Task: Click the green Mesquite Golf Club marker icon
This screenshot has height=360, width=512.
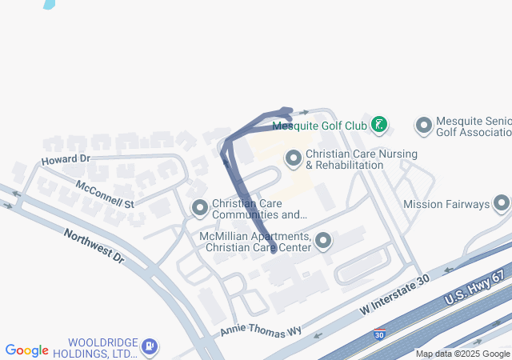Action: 379,125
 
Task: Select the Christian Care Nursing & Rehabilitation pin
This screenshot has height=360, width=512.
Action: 294,158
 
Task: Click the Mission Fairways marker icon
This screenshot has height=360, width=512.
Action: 502,204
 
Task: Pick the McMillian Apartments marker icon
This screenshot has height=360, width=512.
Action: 323,241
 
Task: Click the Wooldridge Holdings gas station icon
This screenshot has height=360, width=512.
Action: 149,348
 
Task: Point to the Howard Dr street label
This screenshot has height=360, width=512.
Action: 66,160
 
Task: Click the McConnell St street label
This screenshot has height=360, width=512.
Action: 104,194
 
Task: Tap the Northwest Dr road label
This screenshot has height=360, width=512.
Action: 94,246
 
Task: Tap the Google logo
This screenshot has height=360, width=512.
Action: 27,350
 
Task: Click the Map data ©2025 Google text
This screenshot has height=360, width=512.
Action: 462,354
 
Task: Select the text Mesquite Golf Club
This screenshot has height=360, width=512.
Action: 319,126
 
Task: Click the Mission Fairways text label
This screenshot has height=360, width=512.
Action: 446,204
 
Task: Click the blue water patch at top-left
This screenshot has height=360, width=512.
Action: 50,3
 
